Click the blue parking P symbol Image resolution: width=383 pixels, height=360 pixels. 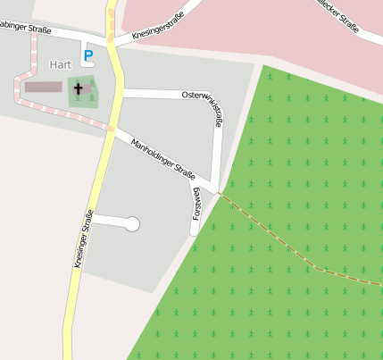pyautogui.click(x=87, y=56)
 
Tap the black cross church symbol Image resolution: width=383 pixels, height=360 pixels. pyautogui.click(x=79, y=89)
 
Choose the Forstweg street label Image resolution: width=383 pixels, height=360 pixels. pyautogui.click(x=196, y=204)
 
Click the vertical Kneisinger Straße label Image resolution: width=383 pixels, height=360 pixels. pyautogui.click(x=84, y=239)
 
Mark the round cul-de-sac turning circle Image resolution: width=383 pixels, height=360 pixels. pyautogui.click(x=132, y=224)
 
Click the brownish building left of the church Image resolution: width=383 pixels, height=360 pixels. pyautogui.click(x=40, y=88)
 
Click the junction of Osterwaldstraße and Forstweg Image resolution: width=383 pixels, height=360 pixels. pyautogui.click(x=216, y=188)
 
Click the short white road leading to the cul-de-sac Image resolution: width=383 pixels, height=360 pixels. pyautogui.click(x=109, y=220)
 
